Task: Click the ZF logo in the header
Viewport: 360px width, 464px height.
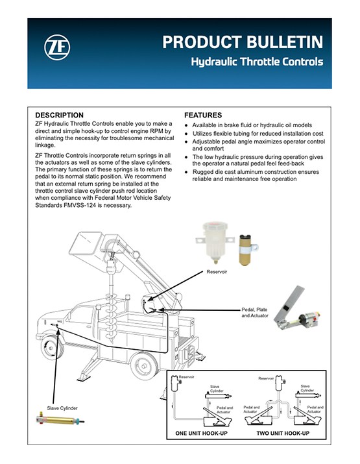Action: (57, 47)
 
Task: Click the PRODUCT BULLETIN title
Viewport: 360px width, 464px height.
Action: (243, 42)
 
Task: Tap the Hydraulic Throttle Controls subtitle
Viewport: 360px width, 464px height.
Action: (257, 62)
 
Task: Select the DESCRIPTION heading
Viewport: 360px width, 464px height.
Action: (59, 115)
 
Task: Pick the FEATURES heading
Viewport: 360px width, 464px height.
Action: (203, 115)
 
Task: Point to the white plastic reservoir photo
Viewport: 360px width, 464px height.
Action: (215, 243)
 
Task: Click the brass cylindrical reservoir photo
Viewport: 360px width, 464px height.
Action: (247, 250)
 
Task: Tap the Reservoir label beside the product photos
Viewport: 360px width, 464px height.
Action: (217, 272)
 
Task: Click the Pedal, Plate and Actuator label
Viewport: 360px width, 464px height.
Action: (255, 313)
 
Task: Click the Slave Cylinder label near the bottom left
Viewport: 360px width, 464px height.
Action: (62, 408)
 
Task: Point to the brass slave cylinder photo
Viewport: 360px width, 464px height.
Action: (60, 421)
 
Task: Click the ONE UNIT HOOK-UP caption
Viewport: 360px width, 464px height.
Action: (201, 433)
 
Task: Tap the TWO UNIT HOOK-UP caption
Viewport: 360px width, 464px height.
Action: (283, 433)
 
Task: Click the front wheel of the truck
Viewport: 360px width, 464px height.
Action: (52, 347)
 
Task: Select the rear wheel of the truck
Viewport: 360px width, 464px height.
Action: (145, 365)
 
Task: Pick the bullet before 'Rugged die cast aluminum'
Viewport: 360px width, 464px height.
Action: (186, 172)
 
